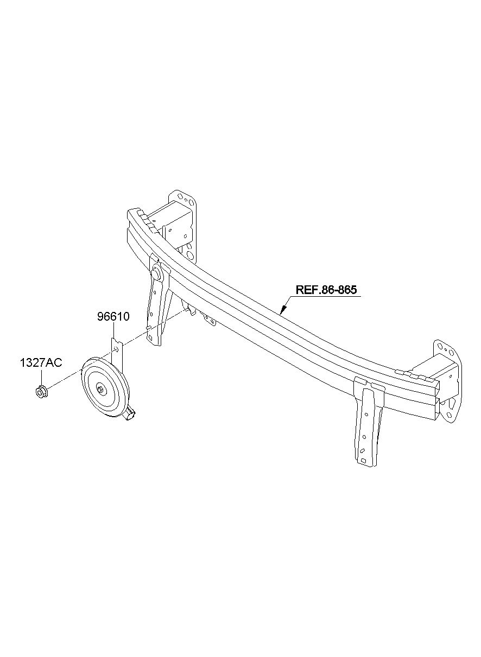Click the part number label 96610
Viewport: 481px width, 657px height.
[x=113, y=317]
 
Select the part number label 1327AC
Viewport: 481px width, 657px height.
[x=41, y=363]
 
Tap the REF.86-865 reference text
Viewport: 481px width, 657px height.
[x=326, y=290]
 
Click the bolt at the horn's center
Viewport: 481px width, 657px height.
[x=101, y=390]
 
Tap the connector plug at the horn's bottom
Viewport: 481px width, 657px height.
[x=130, y=414]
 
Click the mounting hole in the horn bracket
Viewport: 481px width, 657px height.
[x=117, y=349]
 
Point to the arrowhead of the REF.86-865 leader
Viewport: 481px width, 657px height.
[x=282, y=310]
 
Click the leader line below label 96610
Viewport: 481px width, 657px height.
[x=113, y=330]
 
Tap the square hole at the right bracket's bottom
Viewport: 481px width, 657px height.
[x=363, y=461]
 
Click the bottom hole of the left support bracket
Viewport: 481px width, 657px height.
[x=150, y=337]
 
